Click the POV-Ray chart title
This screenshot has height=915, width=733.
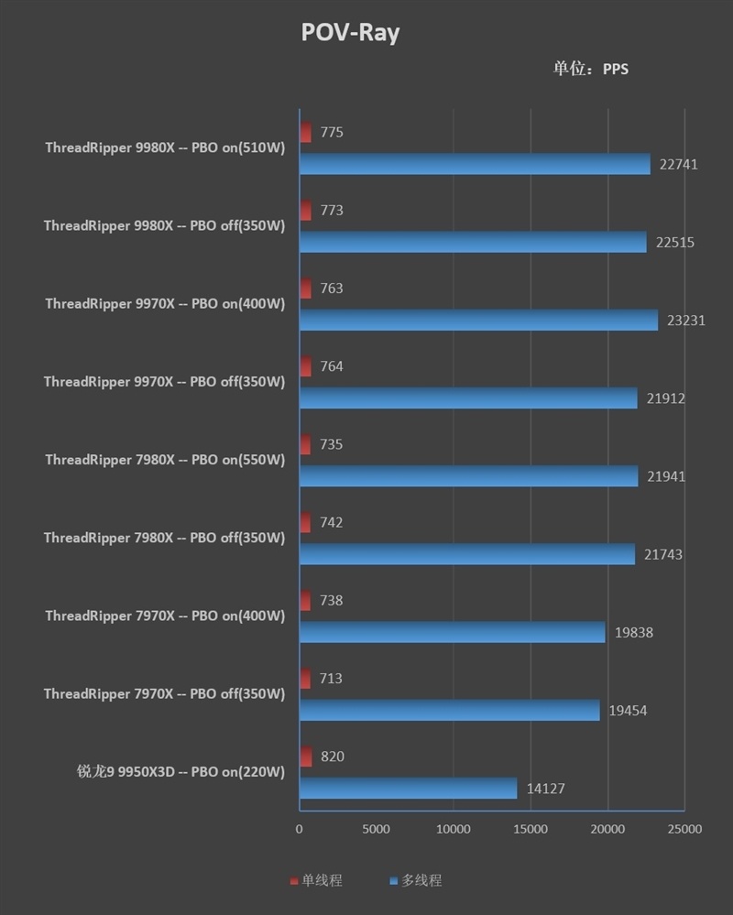[350, 33]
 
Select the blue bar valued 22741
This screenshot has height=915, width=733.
[475, 164]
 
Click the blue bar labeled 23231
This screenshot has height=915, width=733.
[478, 320]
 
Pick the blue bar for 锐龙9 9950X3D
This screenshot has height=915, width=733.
[408, 788]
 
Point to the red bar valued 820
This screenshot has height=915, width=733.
[305, 757]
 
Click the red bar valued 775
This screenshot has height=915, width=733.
[305, 133]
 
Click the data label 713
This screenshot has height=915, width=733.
[332, 679]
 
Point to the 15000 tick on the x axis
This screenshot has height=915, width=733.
[531, 830]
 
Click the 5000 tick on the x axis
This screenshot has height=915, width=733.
[377, 830]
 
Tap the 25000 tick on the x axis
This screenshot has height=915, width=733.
[684, 830]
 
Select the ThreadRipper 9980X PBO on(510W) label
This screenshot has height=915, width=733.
[165, 148]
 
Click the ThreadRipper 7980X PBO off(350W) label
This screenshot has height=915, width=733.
[165, 539]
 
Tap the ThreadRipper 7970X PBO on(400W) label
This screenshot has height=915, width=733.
[165, 616]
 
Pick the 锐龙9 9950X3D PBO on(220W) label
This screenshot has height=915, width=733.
[181, 772]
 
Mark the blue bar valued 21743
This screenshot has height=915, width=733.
[466, 554]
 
